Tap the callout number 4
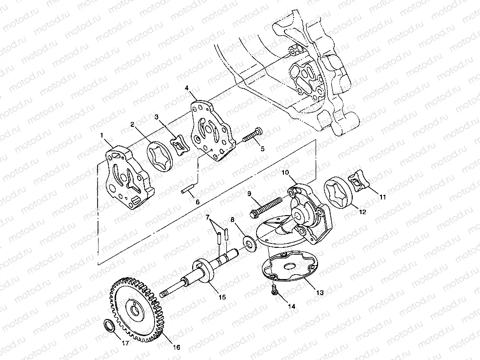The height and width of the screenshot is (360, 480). point(186,88)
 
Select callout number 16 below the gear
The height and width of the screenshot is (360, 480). point(177,347)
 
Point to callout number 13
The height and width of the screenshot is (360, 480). point(320,293)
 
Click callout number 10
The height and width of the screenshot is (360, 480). point(285,172)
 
